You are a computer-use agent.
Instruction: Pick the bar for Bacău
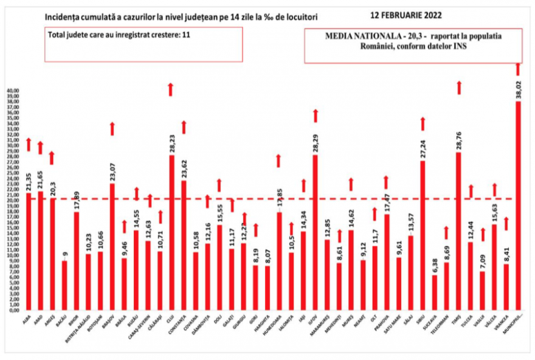click(x=64, y=285)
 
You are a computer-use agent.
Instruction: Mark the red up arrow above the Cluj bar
click(x=171, y=89)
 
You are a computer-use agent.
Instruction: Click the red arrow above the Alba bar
click(x=28, y=144)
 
